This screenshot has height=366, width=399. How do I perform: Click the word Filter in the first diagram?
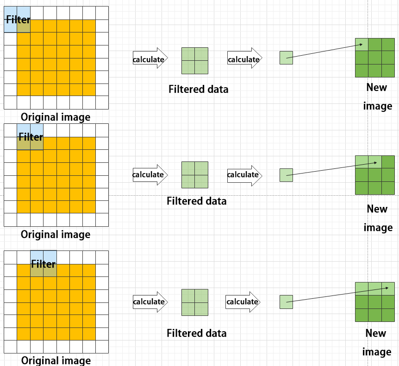(18, 19)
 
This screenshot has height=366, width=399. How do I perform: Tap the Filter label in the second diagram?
(31, 137)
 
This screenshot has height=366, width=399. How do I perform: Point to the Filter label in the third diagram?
(43, 264)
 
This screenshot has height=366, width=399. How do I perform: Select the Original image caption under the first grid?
(56, 117)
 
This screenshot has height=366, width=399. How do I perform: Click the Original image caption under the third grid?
(56, 360)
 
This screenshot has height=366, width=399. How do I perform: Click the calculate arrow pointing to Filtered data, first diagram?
(150, 58)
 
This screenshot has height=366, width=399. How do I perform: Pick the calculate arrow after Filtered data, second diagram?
(244, 175)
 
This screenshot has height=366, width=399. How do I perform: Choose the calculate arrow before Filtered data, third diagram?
(150, 302)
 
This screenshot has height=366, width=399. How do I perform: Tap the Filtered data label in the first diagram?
(199, 89)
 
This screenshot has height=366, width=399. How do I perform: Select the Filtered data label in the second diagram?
(197, 201)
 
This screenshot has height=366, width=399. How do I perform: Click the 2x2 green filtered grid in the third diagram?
(195, 302)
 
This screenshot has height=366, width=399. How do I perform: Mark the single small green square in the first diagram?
(286, 58)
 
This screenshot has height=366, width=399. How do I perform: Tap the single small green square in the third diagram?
(286, 302)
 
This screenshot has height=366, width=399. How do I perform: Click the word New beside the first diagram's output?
(377, 88)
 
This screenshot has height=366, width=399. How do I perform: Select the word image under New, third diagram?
(377, 352)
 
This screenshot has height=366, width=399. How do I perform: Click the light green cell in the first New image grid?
(362, 45)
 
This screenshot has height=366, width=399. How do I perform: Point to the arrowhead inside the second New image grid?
(375, 163)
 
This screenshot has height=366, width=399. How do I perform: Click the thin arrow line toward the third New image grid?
(337, 295)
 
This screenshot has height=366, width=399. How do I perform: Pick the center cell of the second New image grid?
(375, 175)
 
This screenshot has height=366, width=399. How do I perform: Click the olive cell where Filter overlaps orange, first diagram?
(24, 26)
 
